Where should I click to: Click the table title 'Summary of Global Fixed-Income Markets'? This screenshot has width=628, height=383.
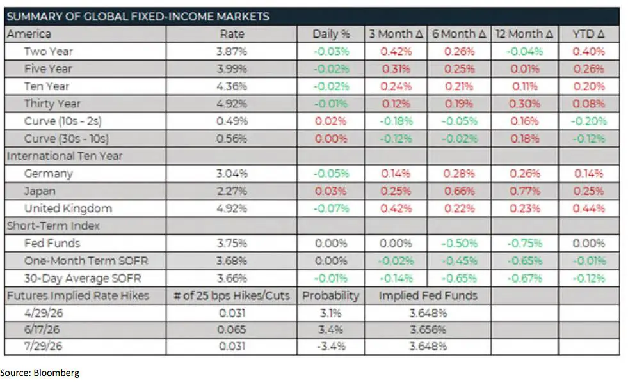point(138,17)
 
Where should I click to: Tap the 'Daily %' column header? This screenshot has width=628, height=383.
point(330,34)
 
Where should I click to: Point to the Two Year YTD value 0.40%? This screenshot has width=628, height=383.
point(588,51)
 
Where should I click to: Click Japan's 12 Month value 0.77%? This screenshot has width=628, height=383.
point(525,191)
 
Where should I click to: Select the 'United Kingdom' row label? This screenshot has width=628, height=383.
point(68,208)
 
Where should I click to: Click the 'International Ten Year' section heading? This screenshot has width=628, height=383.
point(64,156)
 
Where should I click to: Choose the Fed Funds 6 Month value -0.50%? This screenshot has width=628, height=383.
point(459,243)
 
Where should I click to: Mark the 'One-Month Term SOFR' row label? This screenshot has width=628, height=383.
point(78,261)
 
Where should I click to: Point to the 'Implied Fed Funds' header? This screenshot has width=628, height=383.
point(428,295)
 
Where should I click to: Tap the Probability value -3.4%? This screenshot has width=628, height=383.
point(330,347)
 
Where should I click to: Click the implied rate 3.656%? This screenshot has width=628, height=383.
point(428,330)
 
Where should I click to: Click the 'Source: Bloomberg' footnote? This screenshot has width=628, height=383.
point(40,372)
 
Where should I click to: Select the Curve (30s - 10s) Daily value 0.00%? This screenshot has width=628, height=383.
point(330,139)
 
